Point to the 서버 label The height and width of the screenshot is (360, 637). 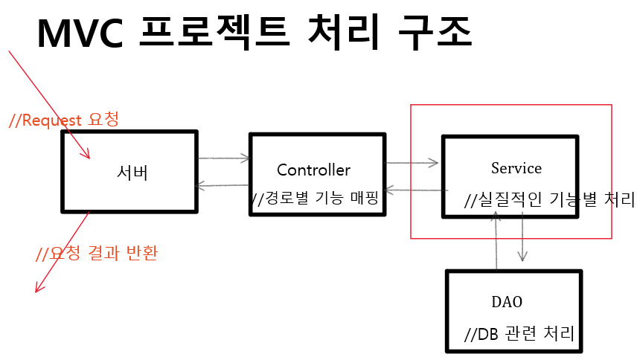132,173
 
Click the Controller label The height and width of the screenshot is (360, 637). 313,170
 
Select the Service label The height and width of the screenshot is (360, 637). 516,168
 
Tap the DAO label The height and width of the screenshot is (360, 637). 507,302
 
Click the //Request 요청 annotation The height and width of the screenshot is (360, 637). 64,120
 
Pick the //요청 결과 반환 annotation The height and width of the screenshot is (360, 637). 97,253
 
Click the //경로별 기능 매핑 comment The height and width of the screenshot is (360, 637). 316,199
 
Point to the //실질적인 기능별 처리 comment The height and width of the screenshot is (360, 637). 549,199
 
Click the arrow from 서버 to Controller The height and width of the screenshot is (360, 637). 224,158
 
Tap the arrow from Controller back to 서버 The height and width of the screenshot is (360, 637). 224,186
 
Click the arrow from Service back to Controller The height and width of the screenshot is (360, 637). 414,191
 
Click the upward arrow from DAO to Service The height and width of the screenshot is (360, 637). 496,238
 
